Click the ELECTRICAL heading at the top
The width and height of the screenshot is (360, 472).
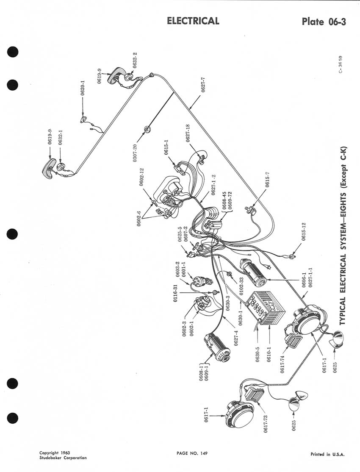pos(193,21)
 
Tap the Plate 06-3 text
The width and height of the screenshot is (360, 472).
pos(324,22)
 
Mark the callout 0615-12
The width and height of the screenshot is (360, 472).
pos(303,233)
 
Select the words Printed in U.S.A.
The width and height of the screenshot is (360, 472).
pos(327,454)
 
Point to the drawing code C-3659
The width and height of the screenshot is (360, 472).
pos(341,64)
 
